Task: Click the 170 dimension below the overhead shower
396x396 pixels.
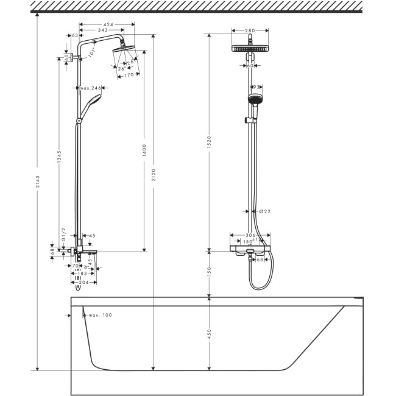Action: [129, 75]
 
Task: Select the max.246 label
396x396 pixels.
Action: [90, 89]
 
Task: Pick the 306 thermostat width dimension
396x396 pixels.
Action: [251, 235]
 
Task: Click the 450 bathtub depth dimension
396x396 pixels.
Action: [209, 333]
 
